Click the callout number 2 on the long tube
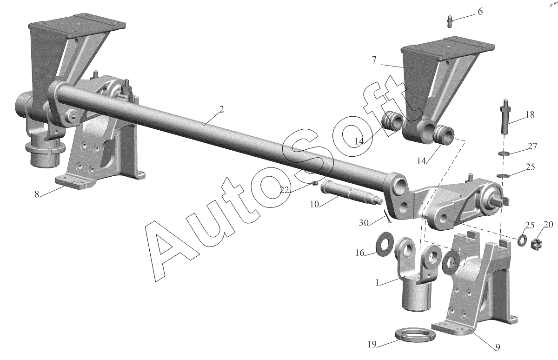point(221,110)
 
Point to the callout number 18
point(530,114)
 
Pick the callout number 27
point(532,147)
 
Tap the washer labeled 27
point(503,153)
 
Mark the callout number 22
point(284,189)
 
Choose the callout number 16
point(360,253)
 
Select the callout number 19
point(372,345)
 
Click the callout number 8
point(36,194)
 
